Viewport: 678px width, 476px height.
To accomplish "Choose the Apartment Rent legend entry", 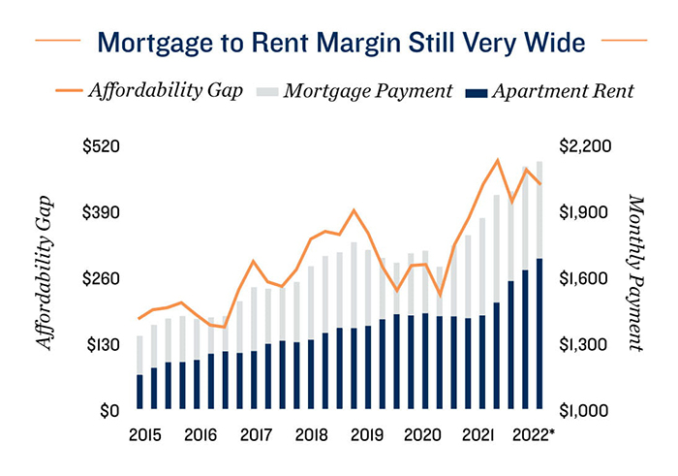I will click(562, 92).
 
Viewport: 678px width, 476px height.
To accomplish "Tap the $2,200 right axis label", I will click(586, 146).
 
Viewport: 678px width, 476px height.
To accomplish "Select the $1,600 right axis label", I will click(586, 279).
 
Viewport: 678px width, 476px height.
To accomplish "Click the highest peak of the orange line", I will click(497, 160).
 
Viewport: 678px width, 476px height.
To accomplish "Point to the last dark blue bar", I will click(539, 334).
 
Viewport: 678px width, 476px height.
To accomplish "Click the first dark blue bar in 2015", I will click(140, 393).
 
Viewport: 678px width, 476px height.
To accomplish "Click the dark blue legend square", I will click(474, 93).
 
